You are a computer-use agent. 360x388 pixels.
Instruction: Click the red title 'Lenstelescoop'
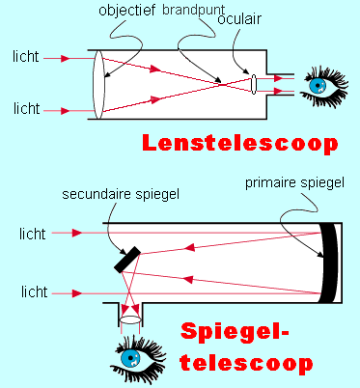tap(239, 143)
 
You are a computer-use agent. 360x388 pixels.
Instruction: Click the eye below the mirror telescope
tap(132, 359)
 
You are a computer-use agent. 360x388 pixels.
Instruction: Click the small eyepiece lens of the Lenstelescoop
tap(251, 84)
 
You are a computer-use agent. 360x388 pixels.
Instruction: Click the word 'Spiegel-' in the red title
tap(248, 334)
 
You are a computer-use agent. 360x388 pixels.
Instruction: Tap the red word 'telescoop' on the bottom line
tap(248, 365)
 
